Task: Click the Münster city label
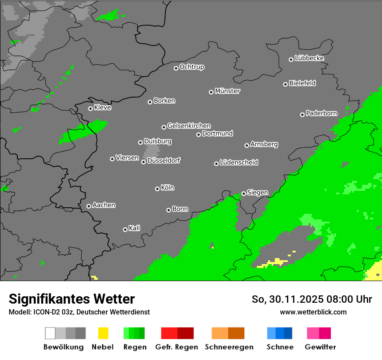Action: coord(227,91)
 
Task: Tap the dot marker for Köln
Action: coord(157,189)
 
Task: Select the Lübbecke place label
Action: coord(309,58)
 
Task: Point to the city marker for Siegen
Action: coord(244,193)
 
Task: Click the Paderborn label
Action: coord(321,113)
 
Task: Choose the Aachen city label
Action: coord(104,205)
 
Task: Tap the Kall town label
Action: coord(134,228)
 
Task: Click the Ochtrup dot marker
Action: coord(176,68)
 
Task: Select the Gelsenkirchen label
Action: coord(189,126)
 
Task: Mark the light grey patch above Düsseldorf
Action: coord(151,152)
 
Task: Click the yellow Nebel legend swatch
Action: coord(103,333)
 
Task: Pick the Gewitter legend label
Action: coord(320,347)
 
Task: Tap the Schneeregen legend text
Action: coord(229,347)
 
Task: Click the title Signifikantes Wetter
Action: coord(72,299)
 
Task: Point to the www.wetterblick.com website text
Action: coord(313,312)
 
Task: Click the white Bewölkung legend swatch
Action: coord(50,333)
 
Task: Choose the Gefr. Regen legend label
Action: coord(177,347)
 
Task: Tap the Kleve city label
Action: coord(102,108)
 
